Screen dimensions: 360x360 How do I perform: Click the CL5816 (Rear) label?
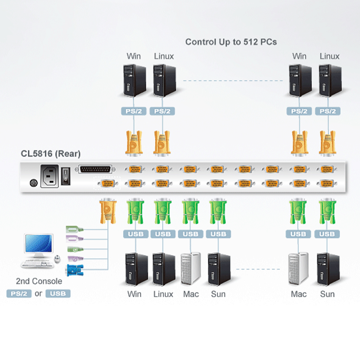click(x=50, y=154)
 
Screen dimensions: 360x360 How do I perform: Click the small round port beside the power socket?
click(x=31, y=184)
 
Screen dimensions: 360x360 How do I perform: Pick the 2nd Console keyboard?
click(x=37, y=263)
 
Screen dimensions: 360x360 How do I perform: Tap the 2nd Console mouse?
click(x=57, y=259)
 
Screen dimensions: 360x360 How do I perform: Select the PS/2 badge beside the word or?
click(x=19, y=294)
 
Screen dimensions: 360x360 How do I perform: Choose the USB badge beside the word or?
click(x=58, y=294)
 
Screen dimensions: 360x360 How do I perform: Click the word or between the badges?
click(x=38, y=294)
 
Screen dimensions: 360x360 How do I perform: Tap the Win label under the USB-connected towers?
click(x=134, y=294)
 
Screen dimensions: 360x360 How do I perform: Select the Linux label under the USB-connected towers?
click(x=163, y=294)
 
